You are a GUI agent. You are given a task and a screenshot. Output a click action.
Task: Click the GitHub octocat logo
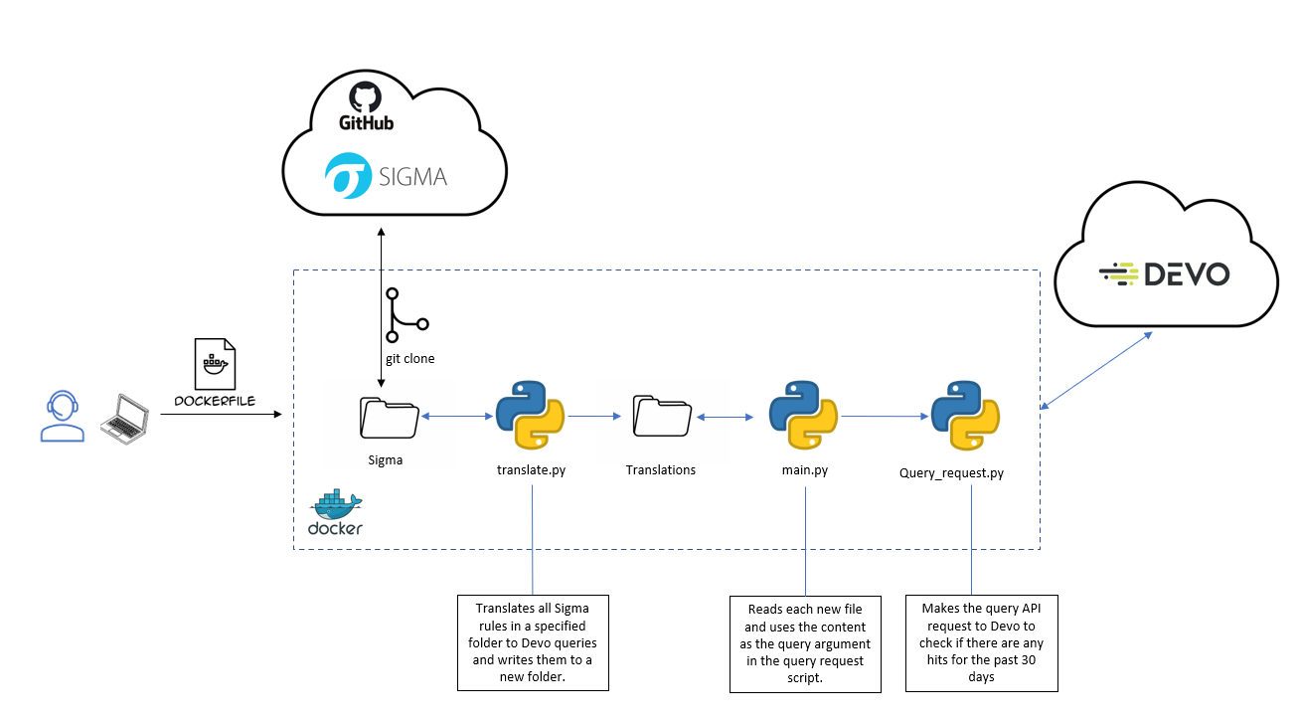coord(366,97)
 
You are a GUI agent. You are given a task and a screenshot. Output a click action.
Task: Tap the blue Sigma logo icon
coord(348,177)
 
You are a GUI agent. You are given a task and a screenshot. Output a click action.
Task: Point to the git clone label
coord(409,359)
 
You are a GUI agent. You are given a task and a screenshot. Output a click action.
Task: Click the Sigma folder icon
coord(390,417)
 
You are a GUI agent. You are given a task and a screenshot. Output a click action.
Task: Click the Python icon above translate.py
coord(530,417)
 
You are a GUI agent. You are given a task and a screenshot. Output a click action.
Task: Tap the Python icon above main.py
coord(804,417)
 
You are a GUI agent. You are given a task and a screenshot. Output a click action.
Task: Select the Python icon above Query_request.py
coord(965,417)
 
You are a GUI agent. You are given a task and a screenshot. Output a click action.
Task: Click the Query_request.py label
coord(951,473)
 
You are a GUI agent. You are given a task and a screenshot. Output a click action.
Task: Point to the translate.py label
coord(531,469)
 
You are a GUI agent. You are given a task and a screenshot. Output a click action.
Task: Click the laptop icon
coord(123,418)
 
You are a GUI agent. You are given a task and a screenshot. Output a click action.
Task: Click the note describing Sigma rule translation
coord(533,642)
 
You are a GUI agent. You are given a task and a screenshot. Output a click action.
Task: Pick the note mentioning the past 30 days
coord(982,642)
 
